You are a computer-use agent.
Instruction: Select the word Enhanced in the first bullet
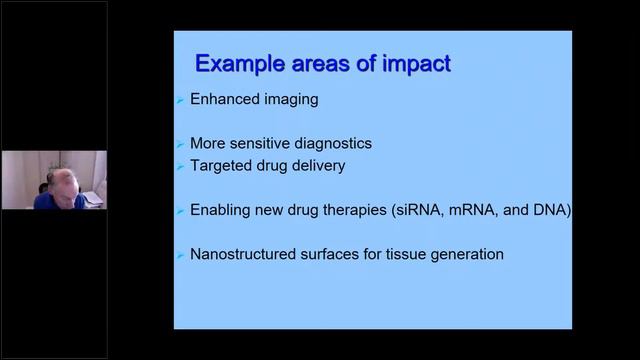[x=224, y=100]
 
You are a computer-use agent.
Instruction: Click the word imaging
[x=289, y=100]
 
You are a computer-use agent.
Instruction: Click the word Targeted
[x=221, y=165]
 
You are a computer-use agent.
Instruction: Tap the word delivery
[x=315, y=165]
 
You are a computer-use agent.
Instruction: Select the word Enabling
[x=221, y=211]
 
